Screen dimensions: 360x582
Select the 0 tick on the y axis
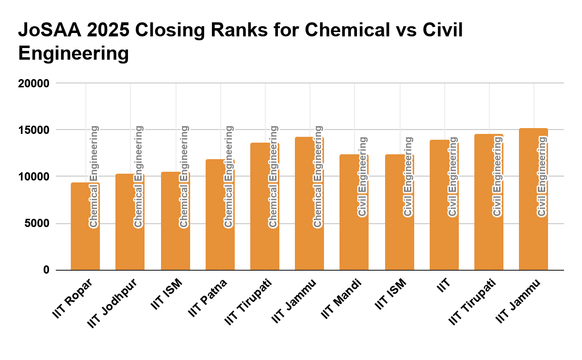click(x=46, y=270)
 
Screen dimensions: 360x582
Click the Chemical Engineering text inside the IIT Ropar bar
click(x=94, y=177)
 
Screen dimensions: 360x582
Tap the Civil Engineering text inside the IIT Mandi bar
click(x=362, y=177)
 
